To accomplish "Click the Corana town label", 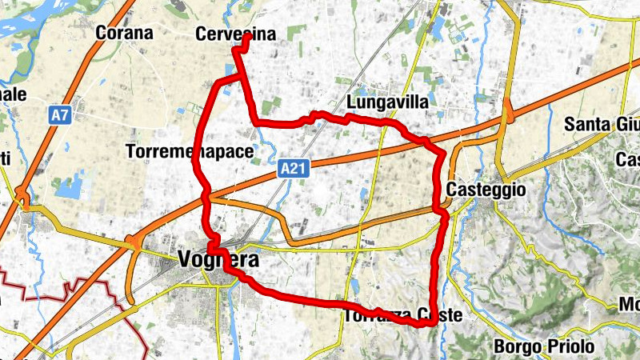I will (123, 33).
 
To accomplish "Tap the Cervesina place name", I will (235, 34).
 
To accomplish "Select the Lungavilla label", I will (388, 103).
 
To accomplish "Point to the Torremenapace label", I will (190, 151).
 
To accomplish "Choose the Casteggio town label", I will (486, 190).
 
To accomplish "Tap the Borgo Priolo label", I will (544, 346).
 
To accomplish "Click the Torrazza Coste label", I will (403, 315).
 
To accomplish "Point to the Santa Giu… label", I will (601, 124).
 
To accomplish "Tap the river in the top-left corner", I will (32, 20).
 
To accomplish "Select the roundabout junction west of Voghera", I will (132, 242).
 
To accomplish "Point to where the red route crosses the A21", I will (207, 194).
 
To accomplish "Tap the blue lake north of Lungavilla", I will (439, 28).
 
